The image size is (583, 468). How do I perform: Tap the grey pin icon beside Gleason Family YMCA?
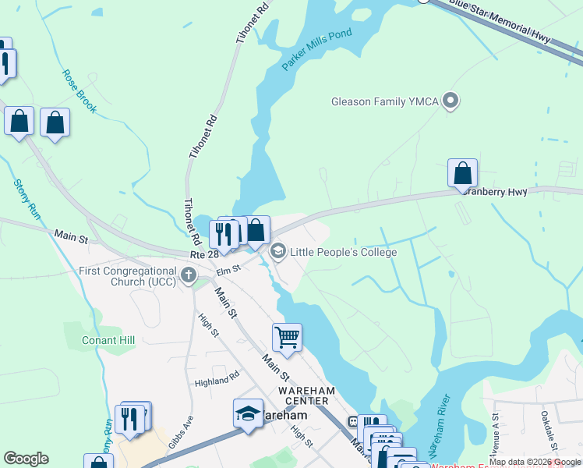[450, 101]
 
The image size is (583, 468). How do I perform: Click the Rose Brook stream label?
[79, 91]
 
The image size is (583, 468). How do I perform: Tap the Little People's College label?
[343, 252]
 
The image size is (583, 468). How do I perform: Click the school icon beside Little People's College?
[277, 252]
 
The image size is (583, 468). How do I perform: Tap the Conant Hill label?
[108, 340]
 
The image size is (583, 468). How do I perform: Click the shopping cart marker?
[287, 338]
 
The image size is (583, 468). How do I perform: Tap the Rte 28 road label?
[205, 254]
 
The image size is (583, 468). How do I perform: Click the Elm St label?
[228, 270]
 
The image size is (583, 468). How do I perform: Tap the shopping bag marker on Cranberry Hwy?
[462, 173]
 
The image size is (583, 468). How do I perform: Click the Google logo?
[26, 459]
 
